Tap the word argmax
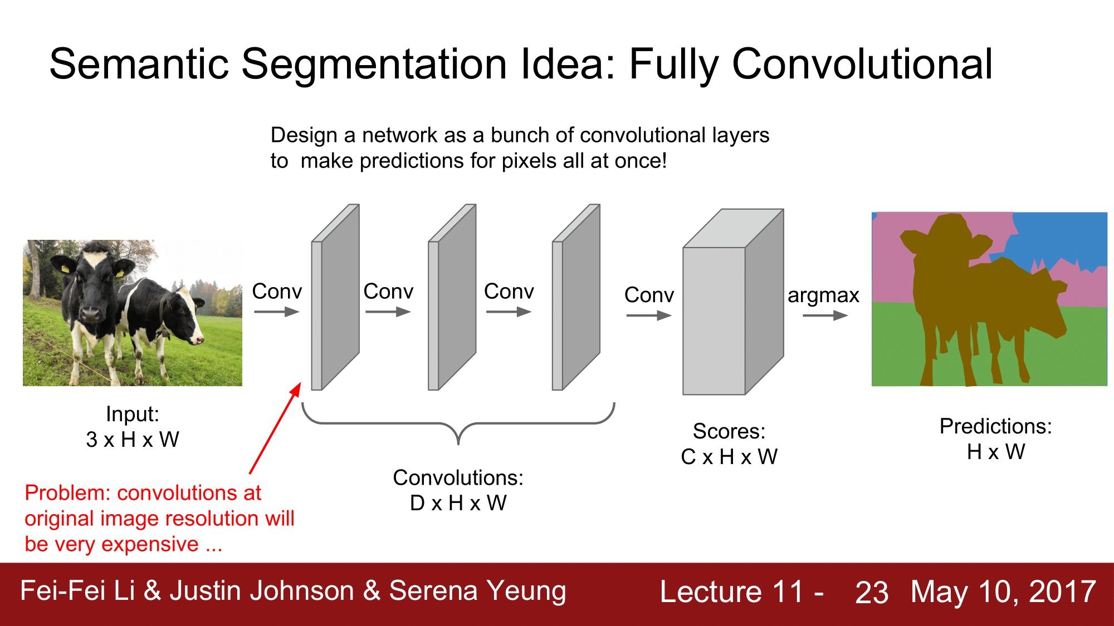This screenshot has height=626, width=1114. pyautogui.click(x=823, y=295)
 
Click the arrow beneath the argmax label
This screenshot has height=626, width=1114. pyautogui.click(x=825, y=316)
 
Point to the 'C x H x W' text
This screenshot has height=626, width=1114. pyautogui.click(x=729, y=457)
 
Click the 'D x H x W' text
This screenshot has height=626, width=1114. pyautogui.click(x=458, y=503)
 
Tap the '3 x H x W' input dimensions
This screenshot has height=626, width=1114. pyautogui.click(x=133, y=440)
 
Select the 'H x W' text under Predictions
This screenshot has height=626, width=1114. pyautogui.click(x=996, y=452)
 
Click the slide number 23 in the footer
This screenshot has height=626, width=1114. pyautogui.click(x=872, y=592)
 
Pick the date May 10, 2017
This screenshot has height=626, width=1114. pyautogui.click(x=1003, y=592)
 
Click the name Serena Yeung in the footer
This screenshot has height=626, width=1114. pyautogui.click(x=477, y=591)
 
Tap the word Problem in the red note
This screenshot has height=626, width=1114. pyautogui.click(x=67, y=493)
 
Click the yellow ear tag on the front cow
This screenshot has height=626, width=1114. pyautogui.click(x=65, y=269)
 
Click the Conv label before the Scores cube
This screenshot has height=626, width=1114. pyautogui.click(x=649, y=295)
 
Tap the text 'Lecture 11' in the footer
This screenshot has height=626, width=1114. pyautogui.click(x=732, y=592)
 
